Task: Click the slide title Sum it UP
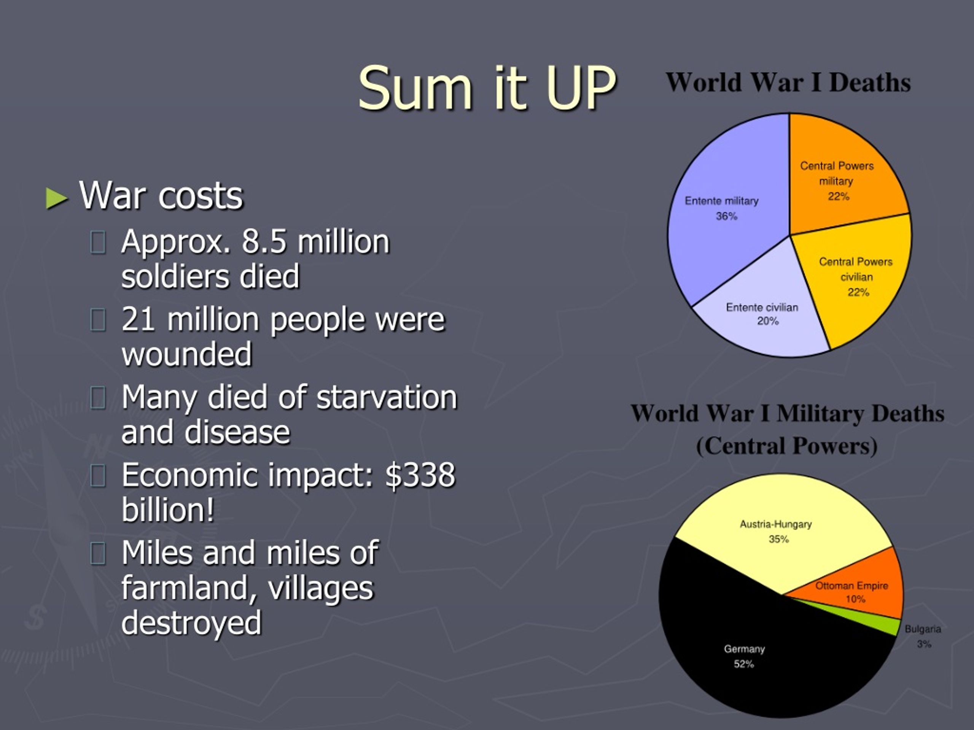click(487, 88)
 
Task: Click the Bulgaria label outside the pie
click(923, 629)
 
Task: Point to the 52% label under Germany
click(744, 664)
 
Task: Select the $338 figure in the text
click(420, 475)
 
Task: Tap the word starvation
click(387, 397)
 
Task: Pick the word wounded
click(187, 354)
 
